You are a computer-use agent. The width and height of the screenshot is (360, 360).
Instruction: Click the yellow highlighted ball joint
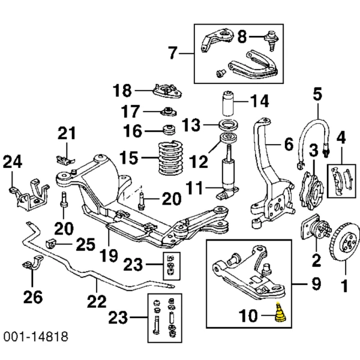(x=280, y=314)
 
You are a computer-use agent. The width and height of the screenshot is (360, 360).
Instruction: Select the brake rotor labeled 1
(x=344, y=247)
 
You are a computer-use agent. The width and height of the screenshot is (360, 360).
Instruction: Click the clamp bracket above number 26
(x=33, y=264)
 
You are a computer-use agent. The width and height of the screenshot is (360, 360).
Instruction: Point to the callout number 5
(x=317, y=94)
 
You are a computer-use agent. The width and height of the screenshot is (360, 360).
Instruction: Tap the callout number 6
(x=288, y=144)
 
